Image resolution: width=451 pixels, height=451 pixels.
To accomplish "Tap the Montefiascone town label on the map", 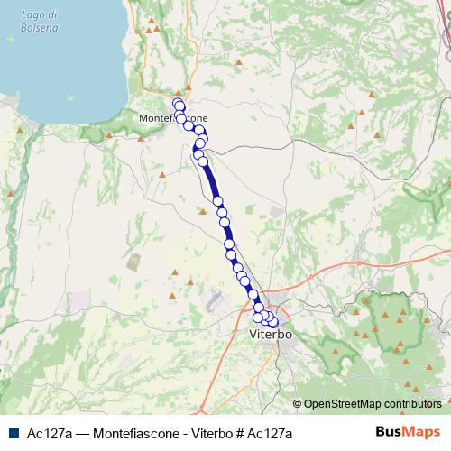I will tap(174, 118).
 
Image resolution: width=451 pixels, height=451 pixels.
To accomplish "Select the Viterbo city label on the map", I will tap(270, 335).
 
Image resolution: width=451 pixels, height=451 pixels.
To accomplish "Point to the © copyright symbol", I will tap(297, 404).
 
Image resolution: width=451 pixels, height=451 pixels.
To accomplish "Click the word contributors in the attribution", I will tap(418, 404).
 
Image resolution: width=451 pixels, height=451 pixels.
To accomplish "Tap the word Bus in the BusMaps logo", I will tap(388, 433).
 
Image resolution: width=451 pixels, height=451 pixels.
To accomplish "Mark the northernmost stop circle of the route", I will tap(178, 102).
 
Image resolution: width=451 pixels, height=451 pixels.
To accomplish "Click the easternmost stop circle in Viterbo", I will tap(273, 322).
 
